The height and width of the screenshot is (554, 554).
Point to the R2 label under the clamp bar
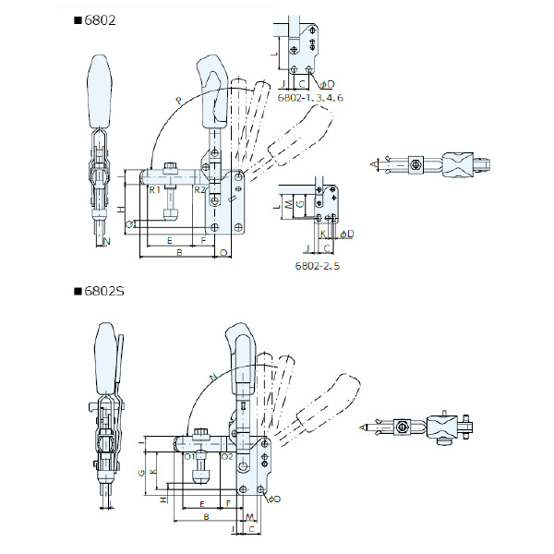click(198, 189)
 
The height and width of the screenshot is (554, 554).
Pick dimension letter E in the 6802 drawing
click(168, 239)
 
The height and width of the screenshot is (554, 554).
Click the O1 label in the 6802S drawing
click(189, 455)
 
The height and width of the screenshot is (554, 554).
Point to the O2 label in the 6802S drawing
click(227, 455)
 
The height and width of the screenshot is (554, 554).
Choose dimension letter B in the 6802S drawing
click(205, 520)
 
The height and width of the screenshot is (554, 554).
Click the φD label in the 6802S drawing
click(274, 500)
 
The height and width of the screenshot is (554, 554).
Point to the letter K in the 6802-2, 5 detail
click(323, 235)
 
